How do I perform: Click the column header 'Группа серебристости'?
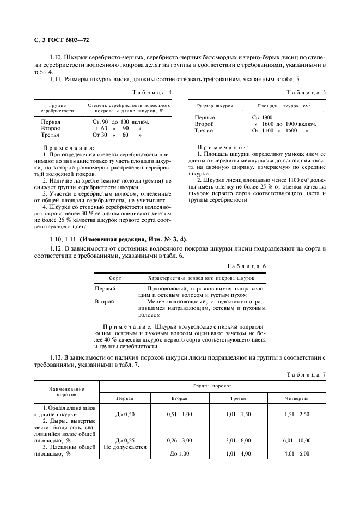click(54, 106)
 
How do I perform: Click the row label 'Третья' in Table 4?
click(51, 134)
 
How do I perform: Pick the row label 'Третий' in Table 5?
click(205, 131)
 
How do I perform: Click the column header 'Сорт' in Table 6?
click(114, 277)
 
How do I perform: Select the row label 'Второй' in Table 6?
click(104, 301)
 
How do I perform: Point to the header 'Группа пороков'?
click(212, 385)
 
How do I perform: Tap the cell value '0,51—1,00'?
click(180, 414)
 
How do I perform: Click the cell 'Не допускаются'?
click(125, 446)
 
